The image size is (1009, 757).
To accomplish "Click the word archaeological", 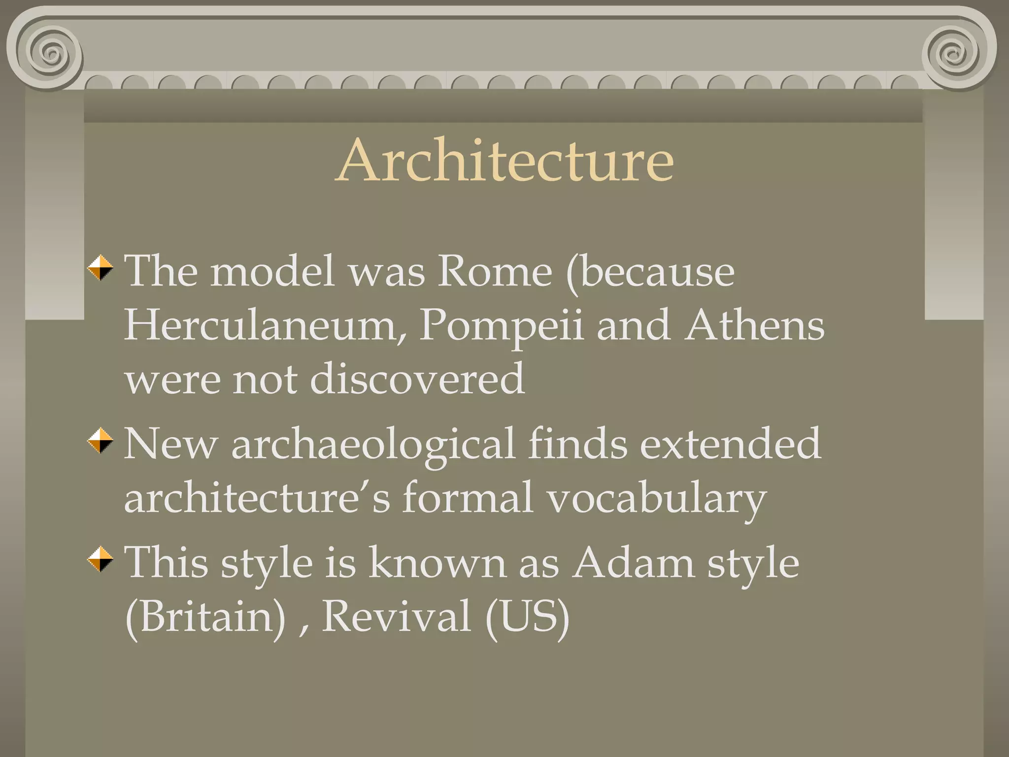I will pos(373,445).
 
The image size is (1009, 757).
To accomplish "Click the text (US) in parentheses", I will pos(527,617).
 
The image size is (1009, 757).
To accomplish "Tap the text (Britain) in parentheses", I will pos(205,617).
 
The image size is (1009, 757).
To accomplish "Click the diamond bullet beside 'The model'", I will pos(101,268).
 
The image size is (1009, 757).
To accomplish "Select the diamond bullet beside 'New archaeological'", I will pos(101,440).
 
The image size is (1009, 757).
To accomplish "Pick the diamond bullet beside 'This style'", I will pos(101,559).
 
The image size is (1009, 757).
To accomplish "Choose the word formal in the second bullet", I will pos(468,498).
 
